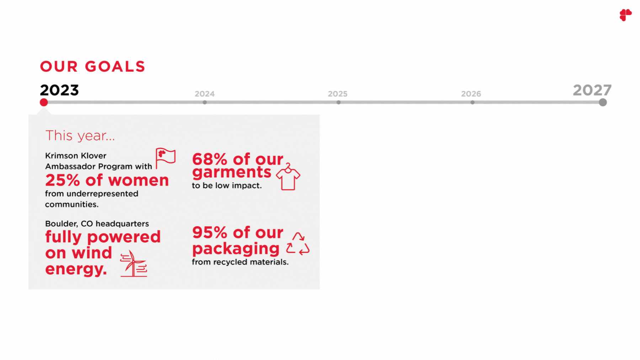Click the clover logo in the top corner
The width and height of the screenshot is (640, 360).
pyautogui.click(x=625, y=15)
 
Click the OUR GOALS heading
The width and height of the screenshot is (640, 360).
pyautogui.click(x=92, y=66)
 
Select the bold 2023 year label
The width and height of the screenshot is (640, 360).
pyautogui.click(x=59, y=90)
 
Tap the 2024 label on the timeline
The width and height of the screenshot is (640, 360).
pyautogui.click(x=204, y=94)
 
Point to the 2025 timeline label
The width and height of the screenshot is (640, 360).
pyautogui.click(x=337, y=94)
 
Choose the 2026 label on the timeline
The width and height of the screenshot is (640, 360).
pyautogui.click(x=471, y=94)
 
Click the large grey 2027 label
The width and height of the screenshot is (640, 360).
pyautogui.click(x=592, y=90)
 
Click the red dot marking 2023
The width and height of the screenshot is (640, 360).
pyautogui.click(x=44, y=102)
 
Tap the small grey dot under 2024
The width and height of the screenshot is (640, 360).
pyautogui.click(x=205, y=102)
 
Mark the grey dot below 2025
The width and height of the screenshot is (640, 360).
pyautogui.click(x=338, y=102)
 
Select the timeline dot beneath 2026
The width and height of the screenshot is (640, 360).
pyautogui.click(x=473, y=102)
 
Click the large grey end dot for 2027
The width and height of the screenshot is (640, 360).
pyautogui.click(x=603, y=102)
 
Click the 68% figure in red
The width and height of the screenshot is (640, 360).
pyautogui.click(x=209, y=159)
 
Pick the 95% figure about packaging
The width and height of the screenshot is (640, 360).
pyautogui.click(x=209, y=233)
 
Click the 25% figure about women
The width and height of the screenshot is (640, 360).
pyautogui.click(x=62, y=180)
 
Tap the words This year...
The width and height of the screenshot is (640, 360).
pyautogui.click(x=80, y=135)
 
